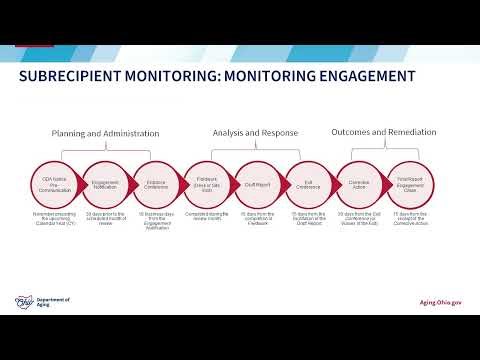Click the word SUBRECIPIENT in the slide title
(73, 76)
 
